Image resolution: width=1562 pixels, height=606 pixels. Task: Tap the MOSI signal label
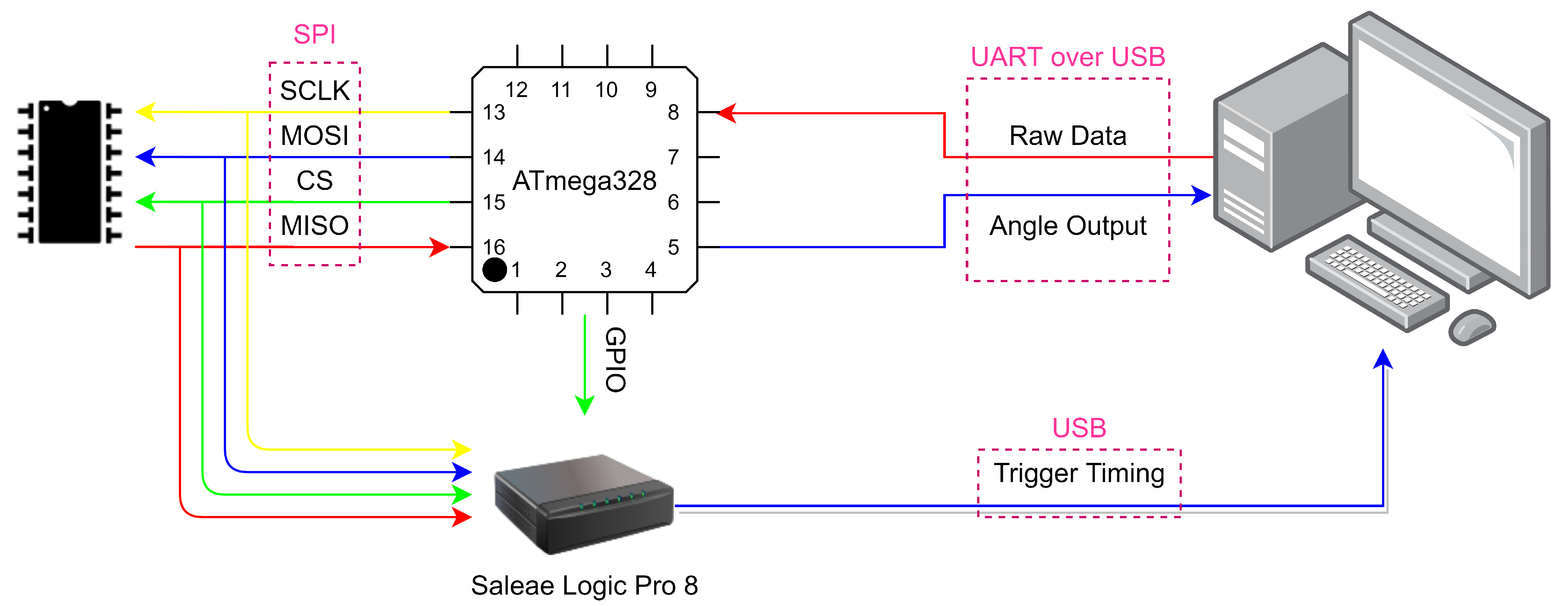tap(315, 136)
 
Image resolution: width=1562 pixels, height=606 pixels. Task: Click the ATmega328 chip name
tap(584, 181)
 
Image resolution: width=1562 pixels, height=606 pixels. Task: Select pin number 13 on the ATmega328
tap(494, 112)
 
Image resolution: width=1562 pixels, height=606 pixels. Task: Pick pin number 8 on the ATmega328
tap(673, 112)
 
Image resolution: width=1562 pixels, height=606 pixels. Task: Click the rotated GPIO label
tap(615, 360)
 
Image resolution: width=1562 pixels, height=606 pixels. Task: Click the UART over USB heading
tap(1068, 57)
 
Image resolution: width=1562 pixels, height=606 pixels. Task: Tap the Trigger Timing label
tap(1079, 473)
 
